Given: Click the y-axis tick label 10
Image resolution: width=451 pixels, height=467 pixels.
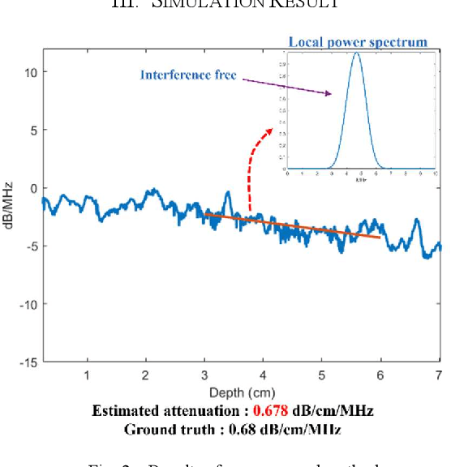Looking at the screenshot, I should click(29, 72).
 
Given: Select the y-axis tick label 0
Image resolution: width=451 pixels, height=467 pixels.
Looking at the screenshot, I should click(33, 188).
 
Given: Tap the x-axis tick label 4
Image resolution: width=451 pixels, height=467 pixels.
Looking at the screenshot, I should click(263, 375).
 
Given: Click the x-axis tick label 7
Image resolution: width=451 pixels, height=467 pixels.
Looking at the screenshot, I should click(439, 375).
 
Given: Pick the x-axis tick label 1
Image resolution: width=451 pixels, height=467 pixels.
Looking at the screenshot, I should click(87, 375).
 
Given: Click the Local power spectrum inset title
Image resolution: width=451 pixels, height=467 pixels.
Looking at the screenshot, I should click(357, 41).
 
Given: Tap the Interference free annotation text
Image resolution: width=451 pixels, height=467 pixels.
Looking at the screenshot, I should click(188, 75).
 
